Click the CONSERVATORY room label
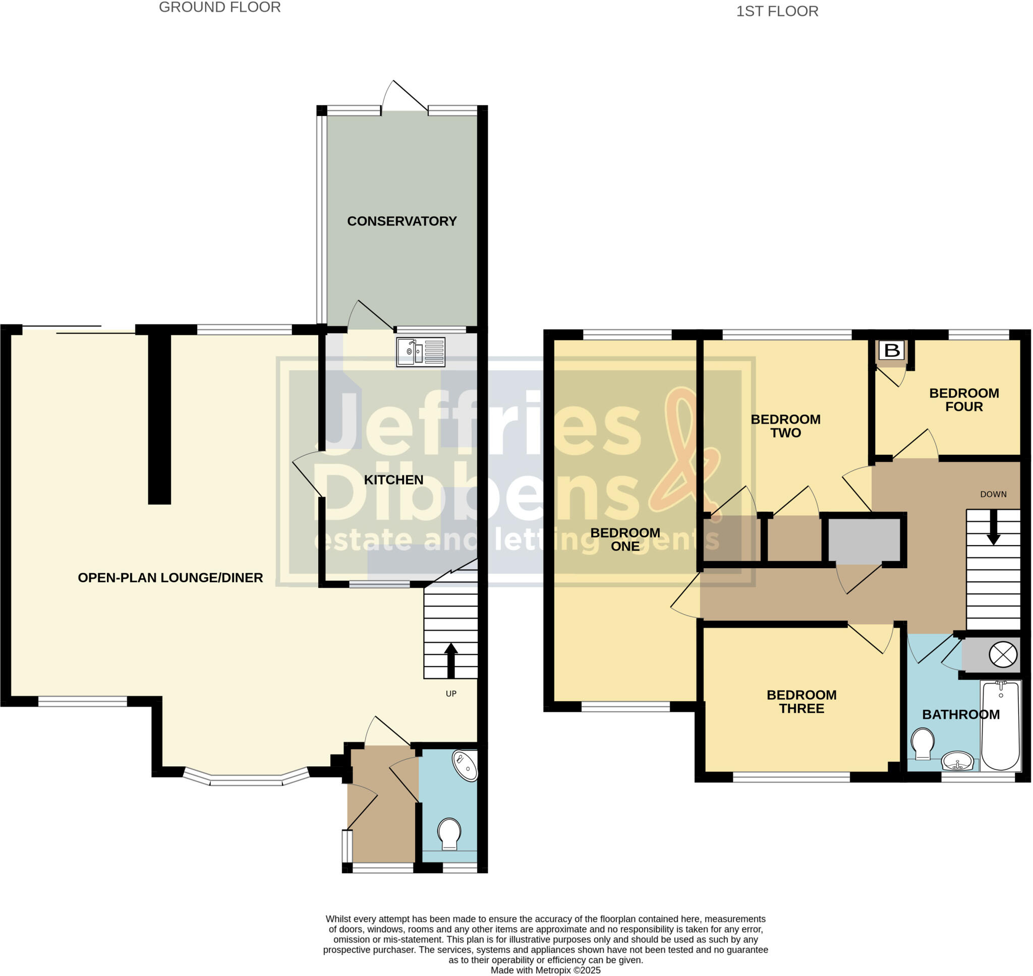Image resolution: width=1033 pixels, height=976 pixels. click(x=402, y=221)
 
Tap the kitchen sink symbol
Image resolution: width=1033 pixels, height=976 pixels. click(x=421, y=352)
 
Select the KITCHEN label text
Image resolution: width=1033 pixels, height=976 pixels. click(x=393, y=479)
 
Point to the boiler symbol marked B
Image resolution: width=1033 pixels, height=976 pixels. click(x=892, y=350)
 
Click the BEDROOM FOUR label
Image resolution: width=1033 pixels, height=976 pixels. click(x=964, y=400)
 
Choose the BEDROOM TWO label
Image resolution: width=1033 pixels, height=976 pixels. click(x=785, y=425)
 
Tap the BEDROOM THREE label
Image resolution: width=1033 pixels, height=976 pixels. click(x=801, y=701)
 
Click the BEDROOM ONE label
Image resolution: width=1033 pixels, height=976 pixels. click(x=625, y=539)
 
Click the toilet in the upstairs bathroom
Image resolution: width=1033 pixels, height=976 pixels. click(x=923, y=744)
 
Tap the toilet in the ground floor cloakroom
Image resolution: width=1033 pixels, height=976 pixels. click(x=449, y=834)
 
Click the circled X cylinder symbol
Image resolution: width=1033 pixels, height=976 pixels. click(x=1003, y=654)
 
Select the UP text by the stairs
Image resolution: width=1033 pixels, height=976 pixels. click(x=450, y=694)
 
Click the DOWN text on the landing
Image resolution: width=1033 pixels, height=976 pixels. click(x=993, y=494)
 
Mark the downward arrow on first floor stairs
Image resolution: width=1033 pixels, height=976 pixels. click(x=993, y=528)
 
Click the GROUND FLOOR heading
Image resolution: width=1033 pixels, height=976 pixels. click(x=219, y=7)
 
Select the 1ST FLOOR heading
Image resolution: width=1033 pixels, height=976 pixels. click(x=777, y=12)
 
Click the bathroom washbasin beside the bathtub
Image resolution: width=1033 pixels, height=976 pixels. click(x=957, y=761)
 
